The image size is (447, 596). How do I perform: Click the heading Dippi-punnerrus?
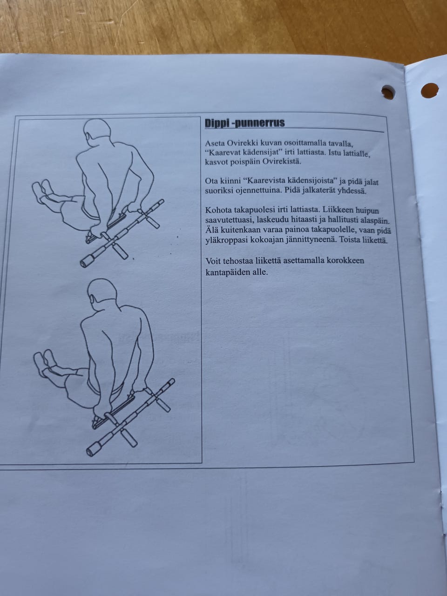pos(245,123)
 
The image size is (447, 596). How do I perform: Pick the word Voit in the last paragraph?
pos(212,261)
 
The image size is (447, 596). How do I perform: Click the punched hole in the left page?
pos(388,92)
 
